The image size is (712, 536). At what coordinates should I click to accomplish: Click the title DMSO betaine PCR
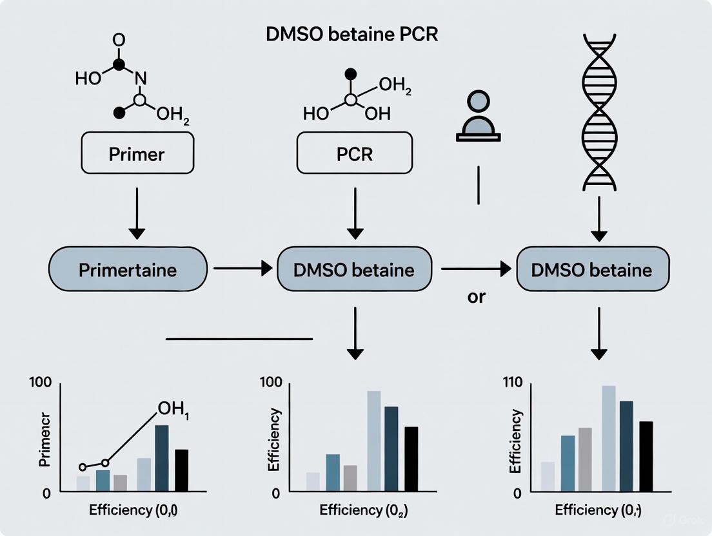coord(352,34)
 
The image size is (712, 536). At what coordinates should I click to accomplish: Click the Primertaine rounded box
coord(128,269)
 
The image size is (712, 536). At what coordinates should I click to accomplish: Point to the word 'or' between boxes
coord(477,298)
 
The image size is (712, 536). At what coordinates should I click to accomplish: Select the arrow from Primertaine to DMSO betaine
coord(242,269)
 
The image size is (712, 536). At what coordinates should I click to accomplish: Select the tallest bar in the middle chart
coord(374,441)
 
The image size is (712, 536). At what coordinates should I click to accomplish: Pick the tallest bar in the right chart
coord(609,439)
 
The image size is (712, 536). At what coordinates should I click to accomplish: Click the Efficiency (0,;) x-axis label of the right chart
coord(598,510)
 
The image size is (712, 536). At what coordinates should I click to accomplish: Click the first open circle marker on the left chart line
coord(83,466)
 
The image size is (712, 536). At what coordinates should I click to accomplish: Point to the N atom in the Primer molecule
coord(141,79)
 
